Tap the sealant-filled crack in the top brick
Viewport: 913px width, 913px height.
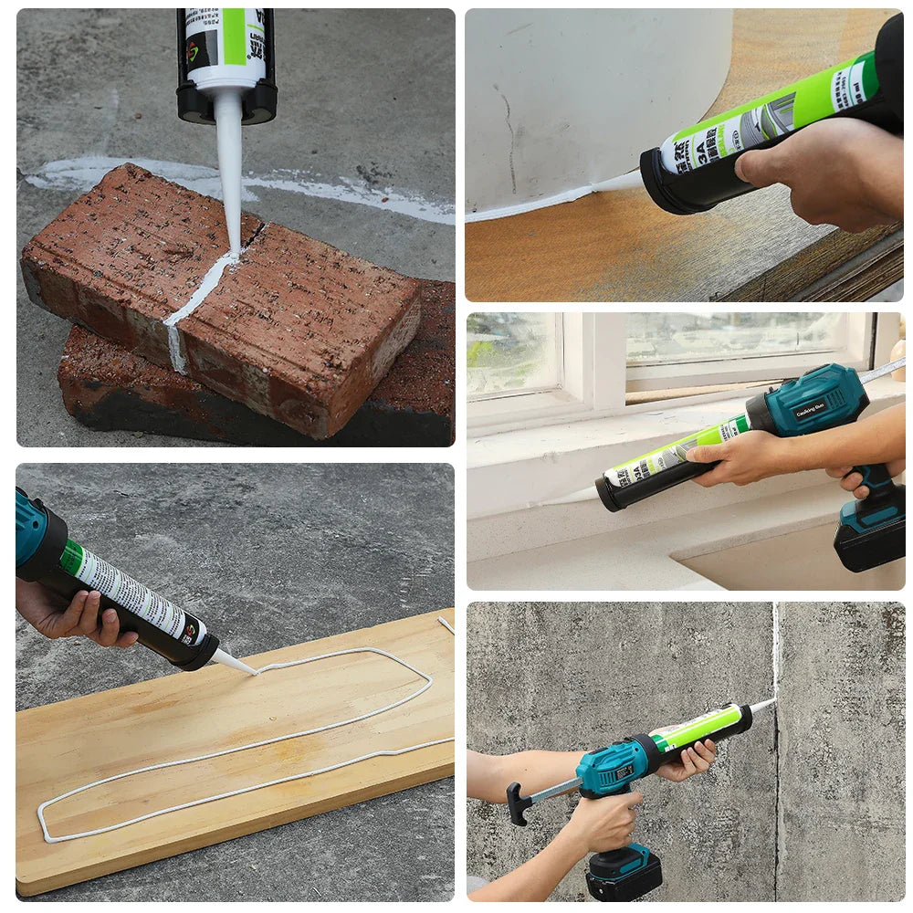tap(203, 292)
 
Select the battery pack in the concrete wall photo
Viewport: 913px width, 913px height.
tap(623, 872)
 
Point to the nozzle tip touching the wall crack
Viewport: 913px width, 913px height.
tap(765, 704)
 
